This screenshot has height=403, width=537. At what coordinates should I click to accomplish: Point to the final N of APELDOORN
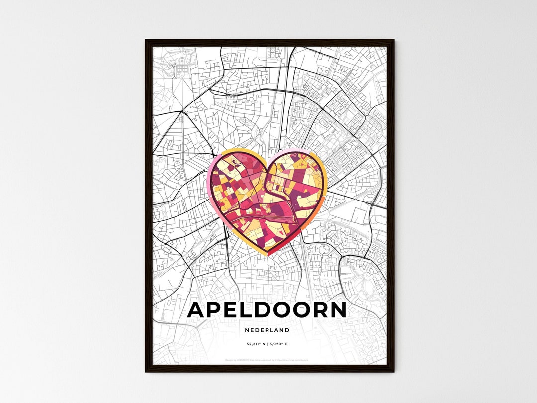337,310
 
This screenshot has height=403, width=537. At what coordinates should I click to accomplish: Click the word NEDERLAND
267,330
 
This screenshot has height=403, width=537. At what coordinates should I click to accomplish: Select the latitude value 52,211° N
257,344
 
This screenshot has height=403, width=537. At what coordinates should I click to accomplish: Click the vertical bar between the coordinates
268,344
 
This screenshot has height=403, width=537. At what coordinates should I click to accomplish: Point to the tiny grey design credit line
267,359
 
